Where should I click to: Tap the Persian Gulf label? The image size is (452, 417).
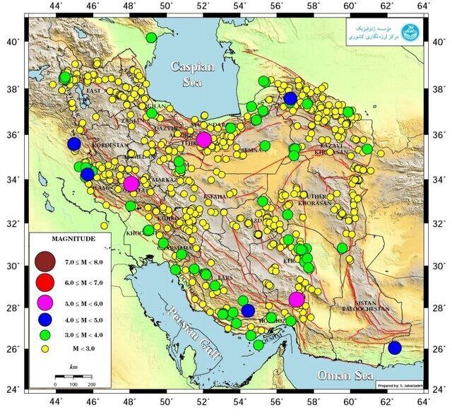pos(190,330)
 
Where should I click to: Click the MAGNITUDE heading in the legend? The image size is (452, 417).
pos(69,238)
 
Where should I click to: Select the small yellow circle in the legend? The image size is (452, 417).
pos(47,348)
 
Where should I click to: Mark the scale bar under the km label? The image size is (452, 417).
pos(73,377)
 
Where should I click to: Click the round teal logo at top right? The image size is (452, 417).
pos(409,33)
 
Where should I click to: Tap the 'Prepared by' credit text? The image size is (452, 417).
pos(400,385)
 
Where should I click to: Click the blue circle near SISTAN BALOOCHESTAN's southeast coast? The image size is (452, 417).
pos(394,348)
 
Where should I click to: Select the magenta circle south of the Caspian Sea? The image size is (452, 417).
pos(204,139)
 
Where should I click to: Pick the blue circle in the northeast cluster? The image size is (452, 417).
pos(290,98)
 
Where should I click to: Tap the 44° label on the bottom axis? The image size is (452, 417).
pos(56,401)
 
